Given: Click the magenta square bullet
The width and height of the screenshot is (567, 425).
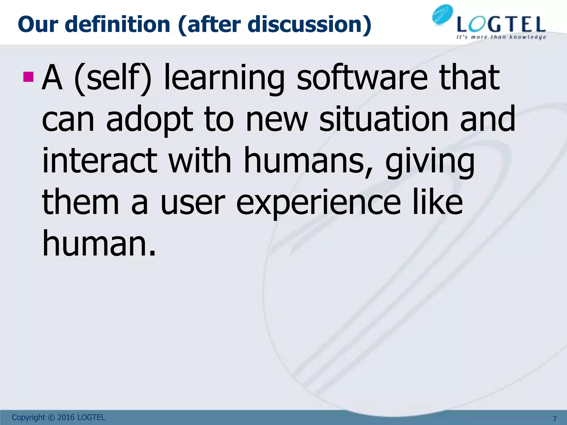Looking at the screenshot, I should pyautogui.click(x=28, y=77).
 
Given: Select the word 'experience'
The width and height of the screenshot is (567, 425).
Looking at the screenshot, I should pyautogui.click(x=318, y=203).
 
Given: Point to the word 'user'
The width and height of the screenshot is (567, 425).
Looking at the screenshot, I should pyautogui.click(x=192, y=203).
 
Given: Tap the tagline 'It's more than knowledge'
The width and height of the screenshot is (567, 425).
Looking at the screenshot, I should pyautogui.click(x=501, y=37).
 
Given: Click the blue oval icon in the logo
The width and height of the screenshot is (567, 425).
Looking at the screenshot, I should pyautogui.click(x=442, y=15).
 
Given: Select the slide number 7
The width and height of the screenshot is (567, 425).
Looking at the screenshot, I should pyautogui.click(x=554, y=419).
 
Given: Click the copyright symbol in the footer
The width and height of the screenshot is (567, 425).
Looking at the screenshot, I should pyautogui.click(x=51, y=417).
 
